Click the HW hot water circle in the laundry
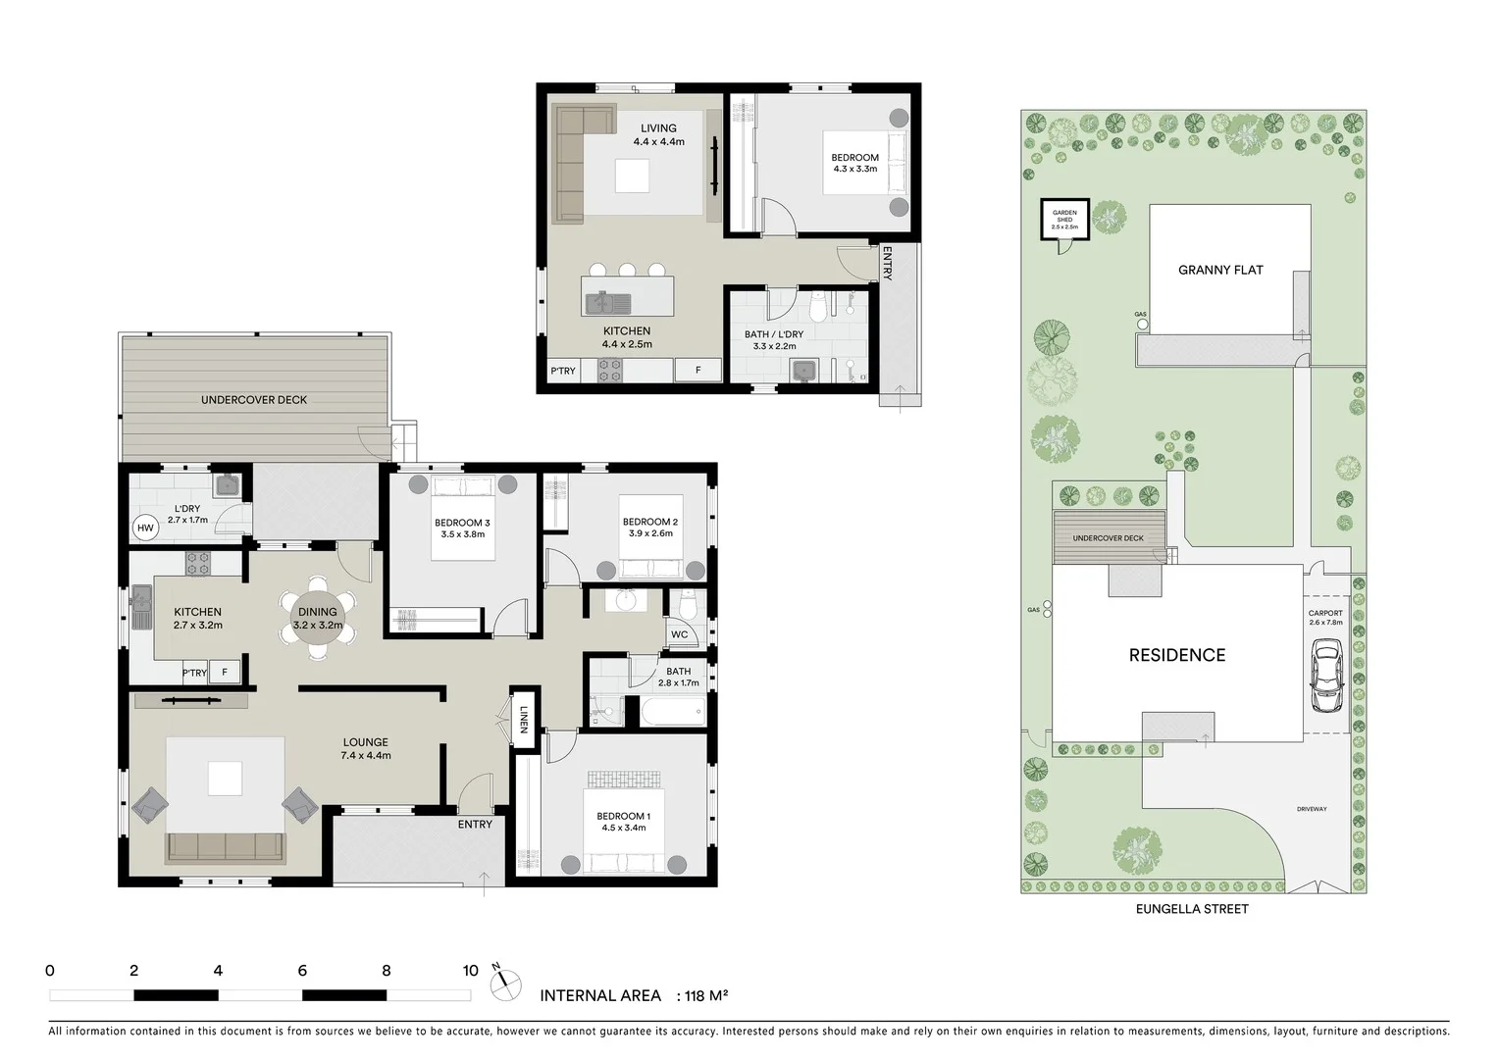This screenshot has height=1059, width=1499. point(145,529)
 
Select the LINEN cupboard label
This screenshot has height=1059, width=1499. point(524,720)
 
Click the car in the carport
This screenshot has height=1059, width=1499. point(1326,676)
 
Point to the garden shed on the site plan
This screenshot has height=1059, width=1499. point(1064,221)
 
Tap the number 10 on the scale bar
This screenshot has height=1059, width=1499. point(470,971)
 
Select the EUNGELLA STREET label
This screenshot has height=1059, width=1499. point(1192,909)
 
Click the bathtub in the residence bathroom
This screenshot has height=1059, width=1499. point(672,711)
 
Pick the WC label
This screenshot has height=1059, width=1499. point(679,634)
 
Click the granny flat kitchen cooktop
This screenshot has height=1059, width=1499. point(610,370)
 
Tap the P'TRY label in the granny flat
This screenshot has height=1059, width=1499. point(563,371)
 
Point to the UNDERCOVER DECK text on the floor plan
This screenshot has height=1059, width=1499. point(254,400)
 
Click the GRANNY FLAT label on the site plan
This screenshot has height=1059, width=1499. point(1220,270)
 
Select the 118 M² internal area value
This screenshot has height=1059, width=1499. point(705,996)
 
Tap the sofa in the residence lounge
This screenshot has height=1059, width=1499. point(226,846)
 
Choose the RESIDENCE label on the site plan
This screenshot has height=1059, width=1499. point(1176,655)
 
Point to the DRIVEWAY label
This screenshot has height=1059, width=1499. point(1312,809)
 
